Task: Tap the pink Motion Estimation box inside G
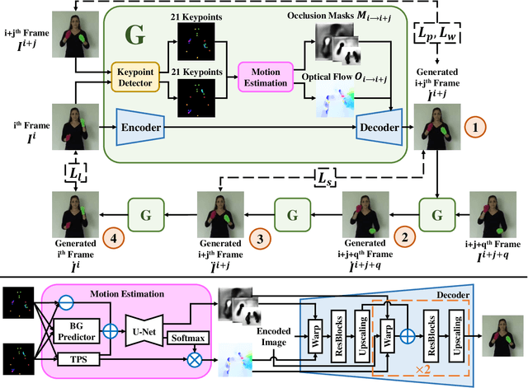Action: click(x=265, y=77)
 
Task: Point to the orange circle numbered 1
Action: click(x=477, y=129)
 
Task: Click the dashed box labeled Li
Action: click(x=75, y=175)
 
